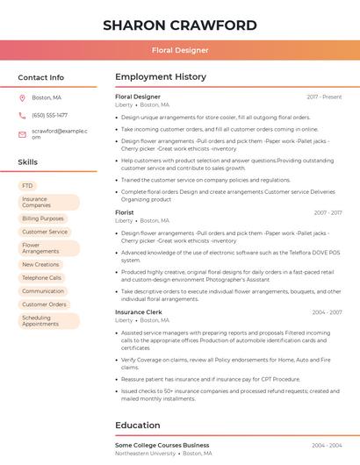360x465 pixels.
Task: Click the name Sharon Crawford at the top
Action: [x=180, y=25]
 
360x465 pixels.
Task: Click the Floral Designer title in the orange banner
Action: [x=180, y=50]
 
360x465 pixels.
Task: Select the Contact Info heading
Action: [x=41, y=77]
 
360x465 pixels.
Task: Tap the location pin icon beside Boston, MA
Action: [x=22, y=98]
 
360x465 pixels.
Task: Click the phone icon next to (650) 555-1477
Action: [x=22, y=115]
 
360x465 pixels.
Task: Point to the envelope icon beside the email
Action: [x=22, y=133]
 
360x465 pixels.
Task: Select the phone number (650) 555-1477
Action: [x=49, y=115]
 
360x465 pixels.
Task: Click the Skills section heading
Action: [x=28, y=162]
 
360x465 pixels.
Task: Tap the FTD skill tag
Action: [x=27, y=186]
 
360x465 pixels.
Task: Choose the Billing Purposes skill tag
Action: [x=43, y=218]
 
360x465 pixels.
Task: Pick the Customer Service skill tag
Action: [x=45, y=232]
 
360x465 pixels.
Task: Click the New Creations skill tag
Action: [x=40, y=264]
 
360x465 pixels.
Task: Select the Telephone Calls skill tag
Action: [x=42, y=277]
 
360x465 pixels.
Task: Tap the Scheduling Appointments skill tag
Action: [x=41, y=320]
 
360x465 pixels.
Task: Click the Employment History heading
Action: [x=161, y=77]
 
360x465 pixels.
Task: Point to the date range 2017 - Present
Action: [x=324, y=97]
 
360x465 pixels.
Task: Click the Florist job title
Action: [x=125, y=212]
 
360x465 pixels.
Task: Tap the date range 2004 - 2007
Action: [x=327, y=446]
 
